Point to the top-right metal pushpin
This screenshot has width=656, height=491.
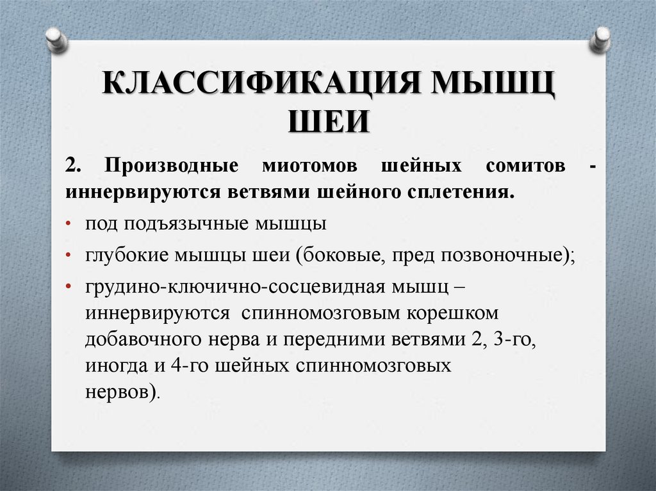[600, 39]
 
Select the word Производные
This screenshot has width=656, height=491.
[172, 166]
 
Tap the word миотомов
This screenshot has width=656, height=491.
[310, 166]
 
